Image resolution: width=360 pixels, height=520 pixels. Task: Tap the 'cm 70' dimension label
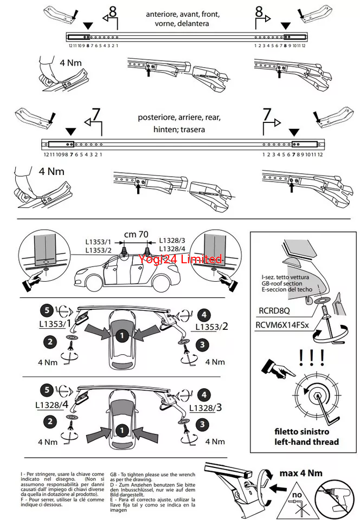pyautogui.click(x=137, y=235)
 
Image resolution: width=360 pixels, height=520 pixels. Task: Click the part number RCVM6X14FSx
pyautogui.click(x=284, y=325)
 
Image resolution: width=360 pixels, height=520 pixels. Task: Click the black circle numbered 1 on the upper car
pyautogui.click(x=123, y=336)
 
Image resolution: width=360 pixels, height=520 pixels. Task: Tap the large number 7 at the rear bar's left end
pyautogui.click(x=95, y=115)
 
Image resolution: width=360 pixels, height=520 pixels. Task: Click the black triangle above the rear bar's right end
pyautogui.click(x=294, y=132)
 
